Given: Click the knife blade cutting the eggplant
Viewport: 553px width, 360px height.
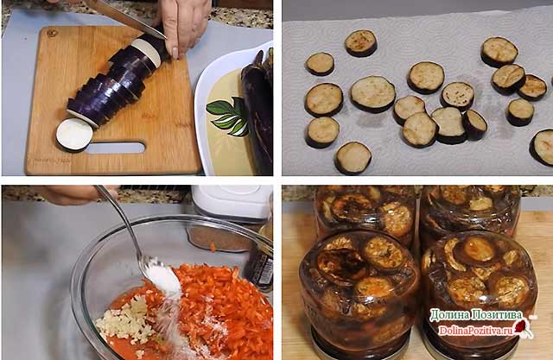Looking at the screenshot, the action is [127, 17].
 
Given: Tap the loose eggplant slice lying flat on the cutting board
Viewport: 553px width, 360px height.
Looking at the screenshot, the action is [74, 135].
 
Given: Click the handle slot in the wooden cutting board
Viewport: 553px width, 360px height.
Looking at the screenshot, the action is [116, 148].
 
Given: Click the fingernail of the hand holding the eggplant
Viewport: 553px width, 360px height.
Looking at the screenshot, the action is [175, 53].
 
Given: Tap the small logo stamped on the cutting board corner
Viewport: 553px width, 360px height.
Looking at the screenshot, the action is [53, 34].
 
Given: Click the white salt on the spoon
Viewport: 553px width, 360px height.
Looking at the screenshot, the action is [164, 278].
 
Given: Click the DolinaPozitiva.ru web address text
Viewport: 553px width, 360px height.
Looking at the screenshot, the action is [475, 331].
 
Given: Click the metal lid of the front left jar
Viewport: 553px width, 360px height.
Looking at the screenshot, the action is [359, 347].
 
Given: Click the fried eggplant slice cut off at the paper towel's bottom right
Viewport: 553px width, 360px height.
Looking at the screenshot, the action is [542, 147].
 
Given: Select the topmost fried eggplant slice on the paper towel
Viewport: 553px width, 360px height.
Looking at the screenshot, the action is [361, 43].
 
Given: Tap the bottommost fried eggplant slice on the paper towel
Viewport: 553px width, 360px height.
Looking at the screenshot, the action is [353, 158].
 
